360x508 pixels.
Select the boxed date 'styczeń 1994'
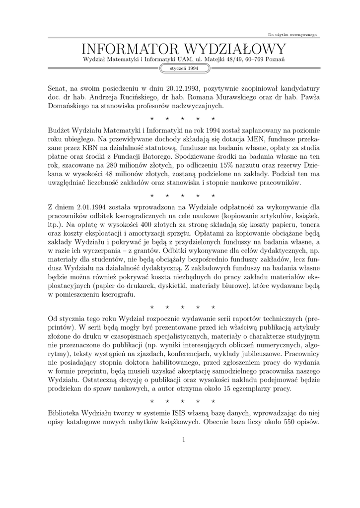coord(184,68)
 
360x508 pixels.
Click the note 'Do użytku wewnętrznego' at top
coord(292,35)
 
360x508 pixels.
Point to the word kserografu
coord(115,295)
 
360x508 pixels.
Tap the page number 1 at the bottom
coord(184,440)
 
